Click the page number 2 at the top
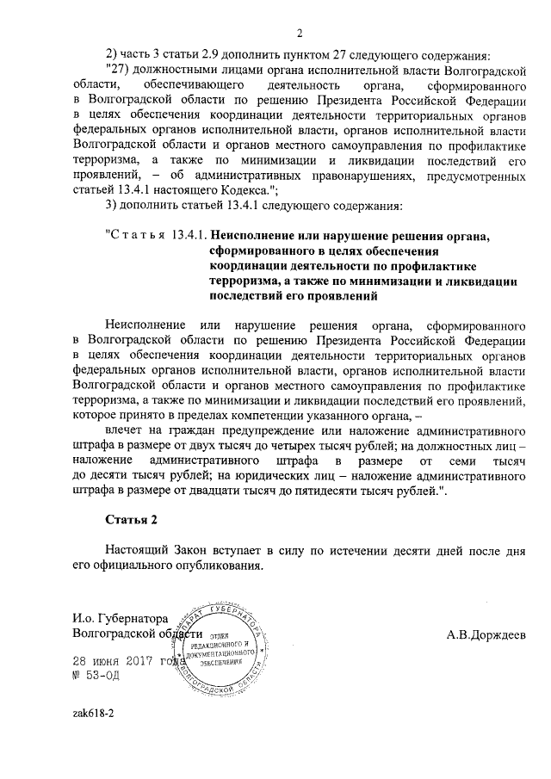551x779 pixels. click(300, 34)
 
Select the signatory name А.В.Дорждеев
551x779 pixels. click(486, 635)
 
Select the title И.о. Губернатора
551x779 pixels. click(121, 617)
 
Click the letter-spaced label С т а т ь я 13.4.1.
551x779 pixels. click(156, 234)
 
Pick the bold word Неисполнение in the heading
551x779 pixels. click(256, 234)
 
